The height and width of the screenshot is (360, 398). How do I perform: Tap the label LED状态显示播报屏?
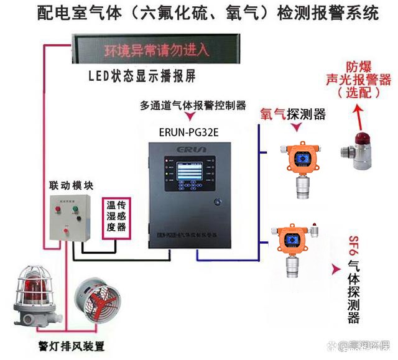coord(142,77)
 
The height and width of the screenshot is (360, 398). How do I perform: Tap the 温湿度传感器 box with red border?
coord(115,215)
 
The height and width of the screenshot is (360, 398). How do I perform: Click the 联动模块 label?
coord(71,185)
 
